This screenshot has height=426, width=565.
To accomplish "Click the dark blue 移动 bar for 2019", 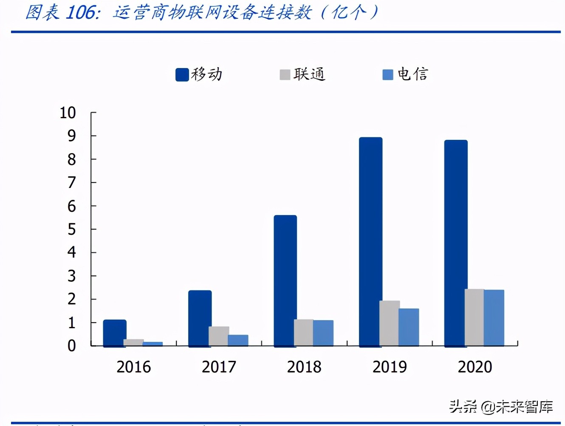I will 370,241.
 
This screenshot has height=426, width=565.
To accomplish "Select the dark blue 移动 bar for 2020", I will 456,243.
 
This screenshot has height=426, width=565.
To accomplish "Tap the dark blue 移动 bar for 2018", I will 285,281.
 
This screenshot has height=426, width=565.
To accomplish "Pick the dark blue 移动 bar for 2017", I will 200,318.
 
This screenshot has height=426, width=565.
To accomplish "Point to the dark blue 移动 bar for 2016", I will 114,332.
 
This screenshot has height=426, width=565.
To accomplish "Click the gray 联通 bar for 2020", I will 474,317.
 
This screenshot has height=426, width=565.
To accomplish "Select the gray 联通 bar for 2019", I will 389,323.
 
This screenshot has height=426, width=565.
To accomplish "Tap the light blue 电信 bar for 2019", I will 409,327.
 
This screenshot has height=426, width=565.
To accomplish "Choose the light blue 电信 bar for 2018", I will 323,333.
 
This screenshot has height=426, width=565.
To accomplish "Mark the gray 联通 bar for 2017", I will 218,336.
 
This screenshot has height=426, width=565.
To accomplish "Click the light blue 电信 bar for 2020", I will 494,318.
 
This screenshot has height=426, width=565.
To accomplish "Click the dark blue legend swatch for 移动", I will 182,75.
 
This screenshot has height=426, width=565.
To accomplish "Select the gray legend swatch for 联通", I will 285,75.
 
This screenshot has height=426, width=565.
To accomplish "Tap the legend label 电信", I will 412,74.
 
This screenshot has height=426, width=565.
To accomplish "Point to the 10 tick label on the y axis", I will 68,113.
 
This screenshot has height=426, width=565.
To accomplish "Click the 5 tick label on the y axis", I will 71,230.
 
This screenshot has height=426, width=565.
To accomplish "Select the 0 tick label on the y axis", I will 71,346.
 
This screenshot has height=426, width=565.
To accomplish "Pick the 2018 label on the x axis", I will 304,367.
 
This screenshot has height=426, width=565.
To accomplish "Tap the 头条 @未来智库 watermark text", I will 501,407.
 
